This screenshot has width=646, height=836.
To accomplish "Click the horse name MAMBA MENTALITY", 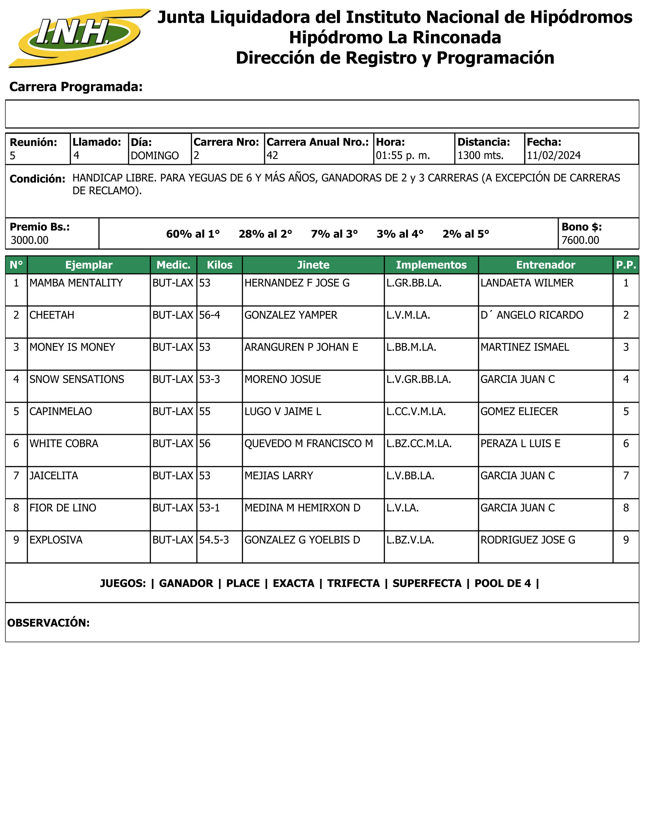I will pos(76,283).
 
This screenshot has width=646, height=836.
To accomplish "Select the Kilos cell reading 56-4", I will pos(209,315).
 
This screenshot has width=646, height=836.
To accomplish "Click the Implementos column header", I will pos(431,265).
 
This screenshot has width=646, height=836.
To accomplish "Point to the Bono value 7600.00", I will pos(580,240).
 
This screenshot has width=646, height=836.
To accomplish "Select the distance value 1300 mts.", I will pos(480,156).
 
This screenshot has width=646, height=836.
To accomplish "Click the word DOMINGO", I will pos(155,156).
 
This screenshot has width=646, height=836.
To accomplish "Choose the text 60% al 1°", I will pos(193,234).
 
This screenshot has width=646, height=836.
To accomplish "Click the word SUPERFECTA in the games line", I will pos(427,583).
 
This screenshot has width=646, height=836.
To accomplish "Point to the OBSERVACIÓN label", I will pos(48,623).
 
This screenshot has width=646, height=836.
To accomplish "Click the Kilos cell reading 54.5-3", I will pos(214,540).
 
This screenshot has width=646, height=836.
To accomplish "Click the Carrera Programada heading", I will pos(76,87).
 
